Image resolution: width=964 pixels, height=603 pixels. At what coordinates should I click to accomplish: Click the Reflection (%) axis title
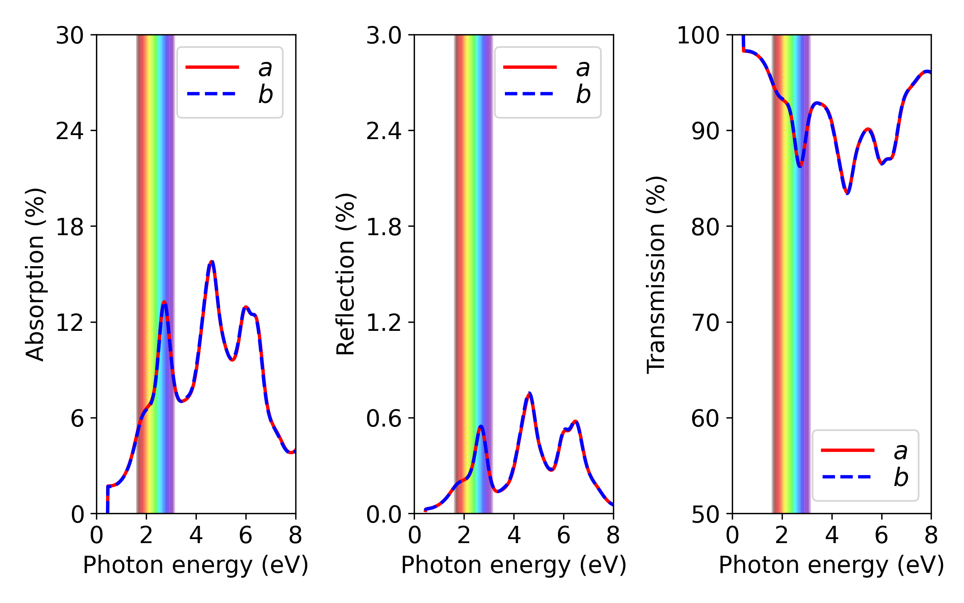(345, 275)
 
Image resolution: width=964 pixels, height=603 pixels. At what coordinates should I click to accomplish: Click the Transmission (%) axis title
(656, 275)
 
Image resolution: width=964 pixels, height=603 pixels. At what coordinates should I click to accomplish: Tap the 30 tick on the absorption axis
(70, 35)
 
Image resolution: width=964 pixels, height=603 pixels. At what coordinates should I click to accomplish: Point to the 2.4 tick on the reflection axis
(384, 131)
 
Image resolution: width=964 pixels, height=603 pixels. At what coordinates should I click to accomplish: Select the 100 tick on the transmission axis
(698, 35)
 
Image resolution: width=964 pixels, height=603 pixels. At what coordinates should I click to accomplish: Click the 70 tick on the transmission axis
(705, 322)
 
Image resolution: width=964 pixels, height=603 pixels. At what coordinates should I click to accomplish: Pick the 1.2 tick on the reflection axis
(384, 322)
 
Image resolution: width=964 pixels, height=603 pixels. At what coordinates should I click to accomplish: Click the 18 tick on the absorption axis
(70, 227)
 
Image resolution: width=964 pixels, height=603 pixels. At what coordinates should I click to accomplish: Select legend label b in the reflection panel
(583, 94)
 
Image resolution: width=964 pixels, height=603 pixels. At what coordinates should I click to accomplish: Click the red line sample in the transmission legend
(848, 450)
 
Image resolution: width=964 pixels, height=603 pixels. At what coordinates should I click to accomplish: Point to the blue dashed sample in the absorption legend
(212, 94)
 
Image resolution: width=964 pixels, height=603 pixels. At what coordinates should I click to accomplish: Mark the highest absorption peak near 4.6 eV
(212, 262)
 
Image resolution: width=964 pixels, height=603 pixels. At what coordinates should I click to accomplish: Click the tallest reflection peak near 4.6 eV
(529, 393)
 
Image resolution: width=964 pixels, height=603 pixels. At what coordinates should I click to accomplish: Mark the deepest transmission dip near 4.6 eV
(847, 193)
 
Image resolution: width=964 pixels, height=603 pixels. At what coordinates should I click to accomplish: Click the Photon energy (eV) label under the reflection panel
(514, 565)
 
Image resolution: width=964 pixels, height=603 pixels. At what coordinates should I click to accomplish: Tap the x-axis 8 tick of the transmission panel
(931, 535)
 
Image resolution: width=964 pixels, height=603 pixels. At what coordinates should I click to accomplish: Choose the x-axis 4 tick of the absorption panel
(196, 535)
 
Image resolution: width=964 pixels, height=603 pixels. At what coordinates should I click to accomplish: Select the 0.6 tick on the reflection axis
(384, 418)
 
